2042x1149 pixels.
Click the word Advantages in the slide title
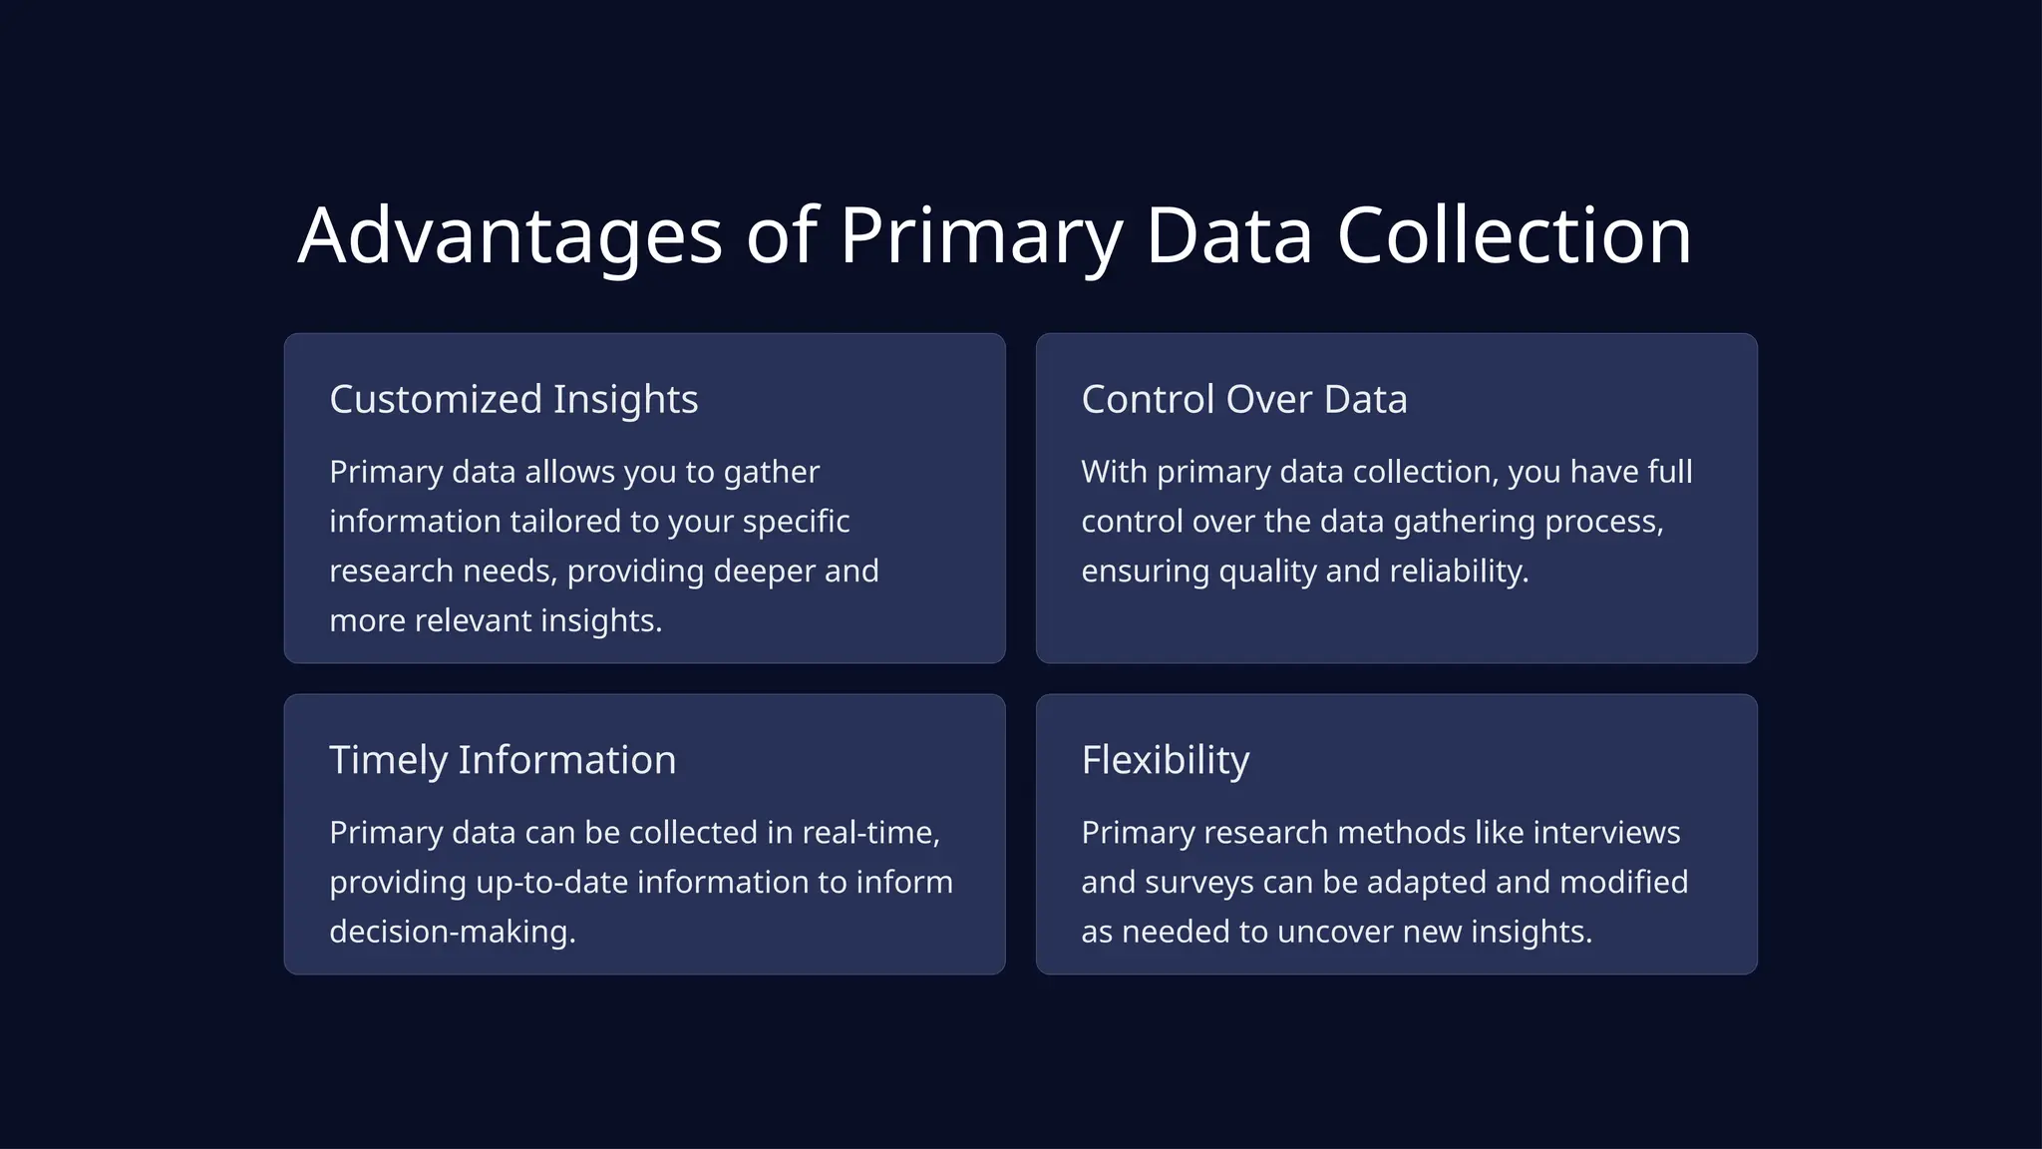[510, 236]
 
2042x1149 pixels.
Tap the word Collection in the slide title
[1514, 236]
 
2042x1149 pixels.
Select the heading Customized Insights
[513, 399]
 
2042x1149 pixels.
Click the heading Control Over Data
[1243, 399]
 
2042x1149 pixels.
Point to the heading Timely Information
[503, 760]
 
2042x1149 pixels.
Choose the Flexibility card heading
[1165, 760]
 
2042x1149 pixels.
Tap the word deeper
[763, 572]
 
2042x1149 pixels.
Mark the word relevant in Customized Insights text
[473, 621]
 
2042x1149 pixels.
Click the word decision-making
[453, 933]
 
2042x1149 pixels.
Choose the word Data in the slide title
[1228, 236]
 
